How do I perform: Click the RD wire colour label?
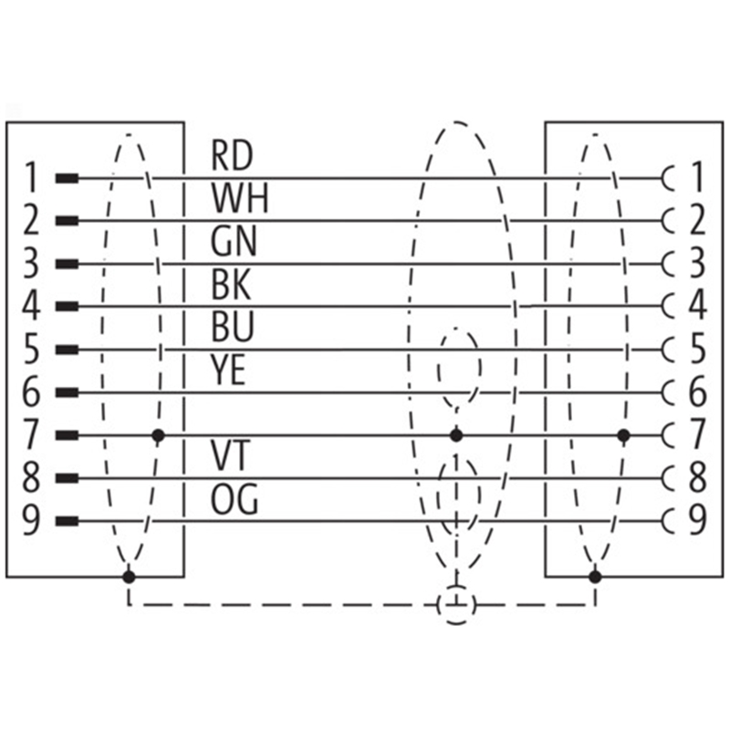coord(233,155)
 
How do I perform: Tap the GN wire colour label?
coord(234,242)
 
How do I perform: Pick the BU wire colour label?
coord(233,328)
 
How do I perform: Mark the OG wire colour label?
coord(235,499)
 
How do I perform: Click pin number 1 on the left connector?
coord(30,177)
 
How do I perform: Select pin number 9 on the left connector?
coord(30,522)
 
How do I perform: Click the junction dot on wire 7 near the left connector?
coord(159,435)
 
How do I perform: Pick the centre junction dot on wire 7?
coord(456,435)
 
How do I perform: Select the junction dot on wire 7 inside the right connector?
coord(624,435)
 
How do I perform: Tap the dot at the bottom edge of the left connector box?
coord(129,577)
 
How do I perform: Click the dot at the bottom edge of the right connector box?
coord(595,577)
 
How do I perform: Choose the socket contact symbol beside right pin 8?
coord(673,478)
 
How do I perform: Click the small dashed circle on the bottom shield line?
coord(456,604)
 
